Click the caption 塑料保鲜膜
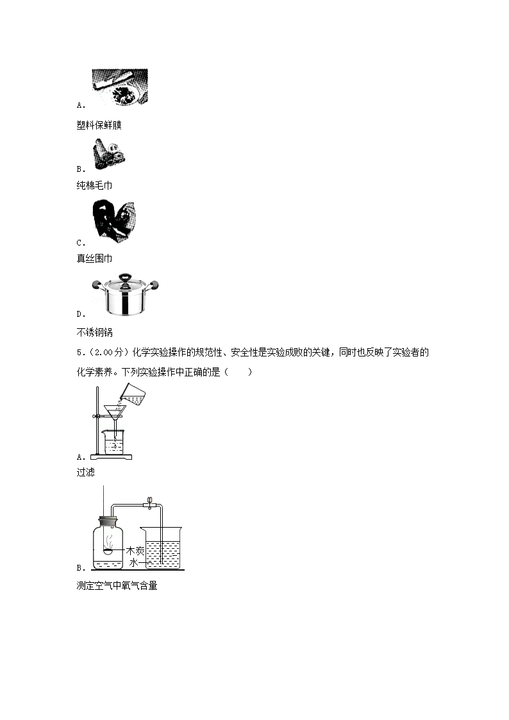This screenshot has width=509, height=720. [x=99, y=125]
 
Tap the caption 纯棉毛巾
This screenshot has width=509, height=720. [x=94, y=186]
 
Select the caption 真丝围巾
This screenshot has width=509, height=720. [x=94, y=258]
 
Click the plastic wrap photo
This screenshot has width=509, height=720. [x=120, y=87]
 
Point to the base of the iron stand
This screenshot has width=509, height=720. [x=111, y=456]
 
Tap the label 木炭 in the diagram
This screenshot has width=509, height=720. [x=135, y=551]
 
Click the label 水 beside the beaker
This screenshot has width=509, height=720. [x=134, y=562]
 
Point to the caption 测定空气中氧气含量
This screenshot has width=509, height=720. [x=117, y=585]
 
